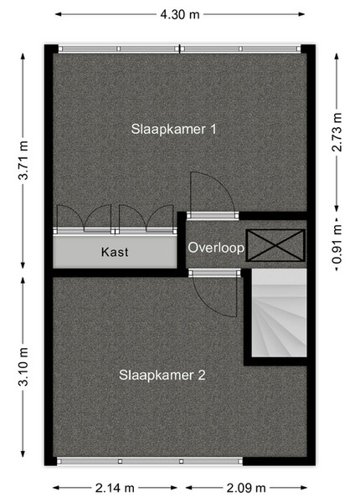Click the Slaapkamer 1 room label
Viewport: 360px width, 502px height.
click(173, 130)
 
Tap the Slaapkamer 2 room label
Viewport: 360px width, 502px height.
click(162, 375)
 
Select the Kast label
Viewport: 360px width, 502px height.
click(115, 252)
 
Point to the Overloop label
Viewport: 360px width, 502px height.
click(216, 248)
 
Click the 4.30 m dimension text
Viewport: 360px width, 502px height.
click(180, 14)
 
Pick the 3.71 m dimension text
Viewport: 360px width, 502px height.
click(23, 160)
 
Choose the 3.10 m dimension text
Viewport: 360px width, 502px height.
click(23, 367)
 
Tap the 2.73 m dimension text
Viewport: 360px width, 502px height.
click(337, 132)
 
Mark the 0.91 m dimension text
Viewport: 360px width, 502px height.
click(337, 244)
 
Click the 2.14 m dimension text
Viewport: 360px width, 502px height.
click(115, 488)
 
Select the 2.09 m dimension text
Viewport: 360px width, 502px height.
click(246, 488)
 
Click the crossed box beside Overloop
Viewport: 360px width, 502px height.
click(275, 245)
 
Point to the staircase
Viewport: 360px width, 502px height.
click(279, 313)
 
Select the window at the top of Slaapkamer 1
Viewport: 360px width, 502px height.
click(179, 49)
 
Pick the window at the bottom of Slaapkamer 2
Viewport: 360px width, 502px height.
click(150, 461)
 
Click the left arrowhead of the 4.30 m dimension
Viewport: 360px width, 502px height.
click(59, 14)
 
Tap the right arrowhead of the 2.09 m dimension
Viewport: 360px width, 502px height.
click(304, 488)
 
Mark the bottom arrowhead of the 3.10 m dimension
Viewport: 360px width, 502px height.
click(23, 453)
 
